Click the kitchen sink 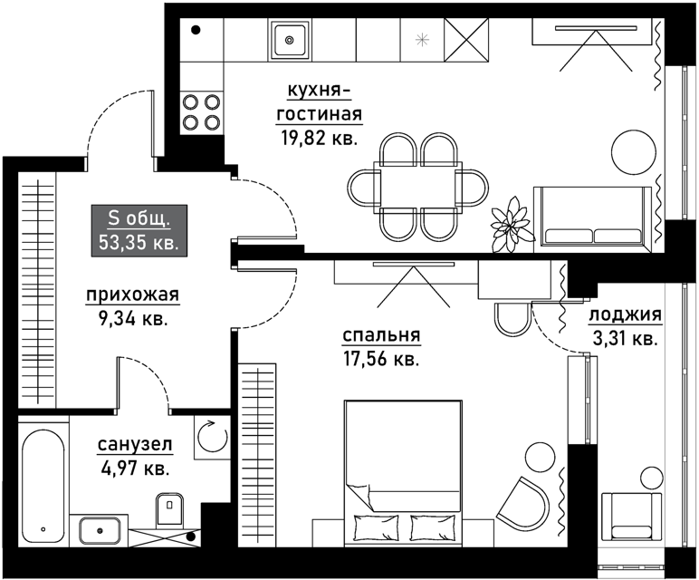pyautogui.click(x=290, y=40)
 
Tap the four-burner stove pyautogui.click(x=202, y=112)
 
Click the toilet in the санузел pyautogui.click(x=170, y=509)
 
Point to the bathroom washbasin pyautogui.click(x=100, y=530)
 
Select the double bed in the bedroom pyautogui.click(x=403, y=472)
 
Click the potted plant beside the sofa pyautogui.click(x=512, y=224)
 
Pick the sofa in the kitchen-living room pyautogui.click(x=592, y=217)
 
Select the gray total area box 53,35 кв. pyautogui.click(x=139, y=231)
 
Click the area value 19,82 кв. pyautogui.click(x=320, y=139)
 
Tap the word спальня pyautogui.click(x=381, y=335)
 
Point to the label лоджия pyautogui.click(x=626, y=315)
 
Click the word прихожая pyautogui.click(x=133, y=295)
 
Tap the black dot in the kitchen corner pyautogui.click(x=196, y=30)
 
